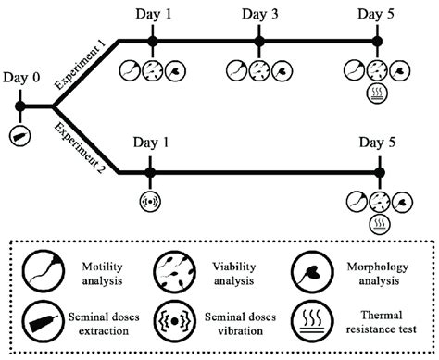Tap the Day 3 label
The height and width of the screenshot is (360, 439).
260,13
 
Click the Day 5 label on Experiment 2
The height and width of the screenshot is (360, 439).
377,146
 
